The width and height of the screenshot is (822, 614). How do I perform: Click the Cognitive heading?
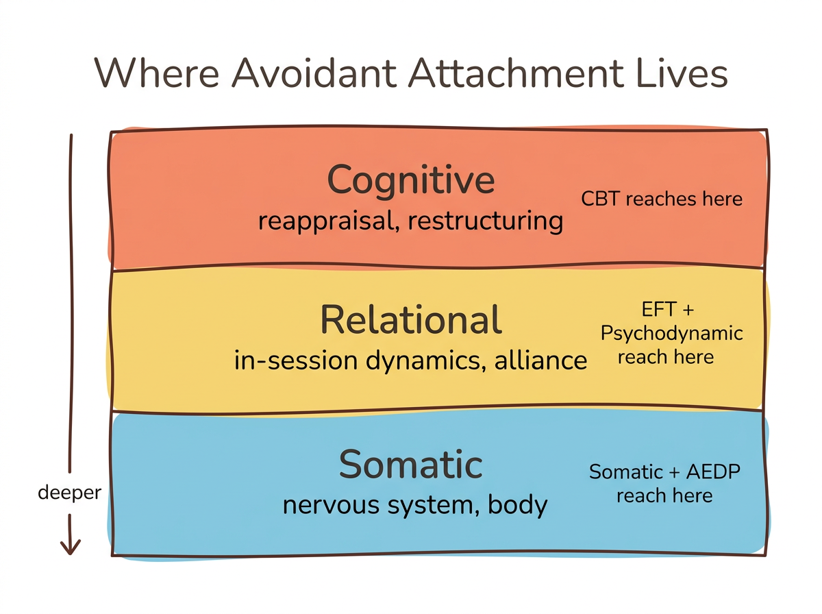click(411, 180)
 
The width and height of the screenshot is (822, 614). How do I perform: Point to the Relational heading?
click(411, 320)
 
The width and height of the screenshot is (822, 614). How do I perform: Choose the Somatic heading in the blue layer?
click(411, 465)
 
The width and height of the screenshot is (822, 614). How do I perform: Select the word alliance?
click(540, 360)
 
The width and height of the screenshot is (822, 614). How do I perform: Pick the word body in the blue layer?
click(518, 506)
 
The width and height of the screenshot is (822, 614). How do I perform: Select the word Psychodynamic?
click(672, 334)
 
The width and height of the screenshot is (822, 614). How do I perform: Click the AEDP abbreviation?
click(714, 472)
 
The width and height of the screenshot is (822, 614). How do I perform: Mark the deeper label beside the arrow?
click(70, 493)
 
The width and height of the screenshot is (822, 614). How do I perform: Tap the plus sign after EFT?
click(688, 310)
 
